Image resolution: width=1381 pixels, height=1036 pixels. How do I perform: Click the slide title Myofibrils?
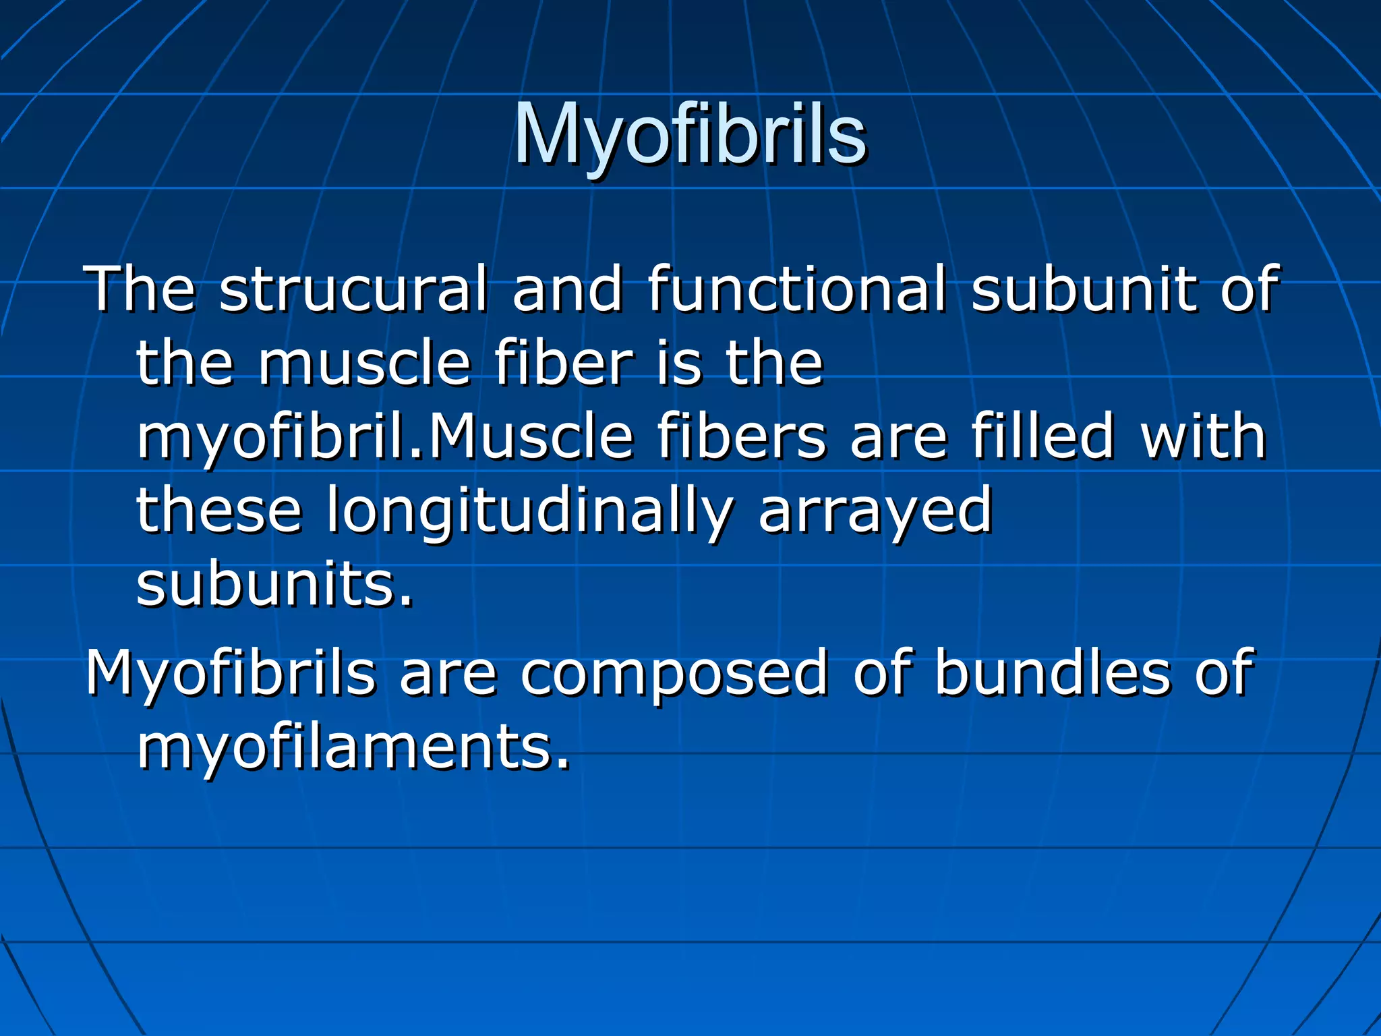point(690,135)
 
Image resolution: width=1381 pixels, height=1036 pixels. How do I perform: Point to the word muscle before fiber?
point(364,364)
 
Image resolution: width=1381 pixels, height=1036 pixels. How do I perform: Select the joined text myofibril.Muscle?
point(384,438)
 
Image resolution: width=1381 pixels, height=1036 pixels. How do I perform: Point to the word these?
point(219,511)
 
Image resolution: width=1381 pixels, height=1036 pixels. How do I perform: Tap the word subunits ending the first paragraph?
point(274,585)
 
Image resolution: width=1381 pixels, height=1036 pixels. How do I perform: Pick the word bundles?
point(1053,673)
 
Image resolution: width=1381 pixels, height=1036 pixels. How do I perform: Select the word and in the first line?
point(567,290)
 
